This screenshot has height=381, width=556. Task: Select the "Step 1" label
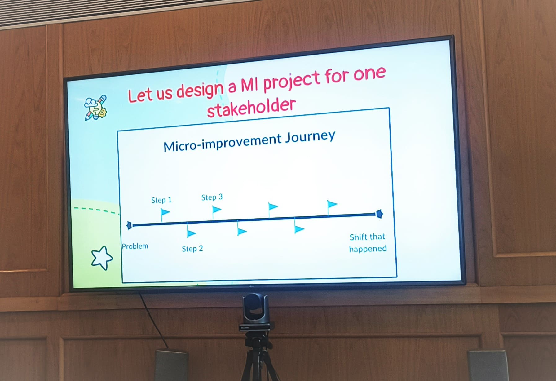tap(161, 200)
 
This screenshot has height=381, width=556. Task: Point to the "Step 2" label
tap(192, 249)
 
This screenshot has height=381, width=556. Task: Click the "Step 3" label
tap(212, 197)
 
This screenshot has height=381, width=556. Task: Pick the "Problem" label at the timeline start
tap(135, 246)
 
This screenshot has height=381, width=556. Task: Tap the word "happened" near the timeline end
tap(368, 249)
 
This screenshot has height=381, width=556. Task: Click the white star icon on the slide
tap(102, 258)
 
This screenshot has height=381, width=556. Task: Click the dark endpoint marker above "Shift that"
tap(379, 214)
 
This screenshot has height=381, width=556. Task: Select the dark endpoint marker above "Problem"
tap(130, 225)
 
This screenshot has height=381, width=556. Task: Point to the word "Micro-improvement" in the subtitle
tap(222, 142)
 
